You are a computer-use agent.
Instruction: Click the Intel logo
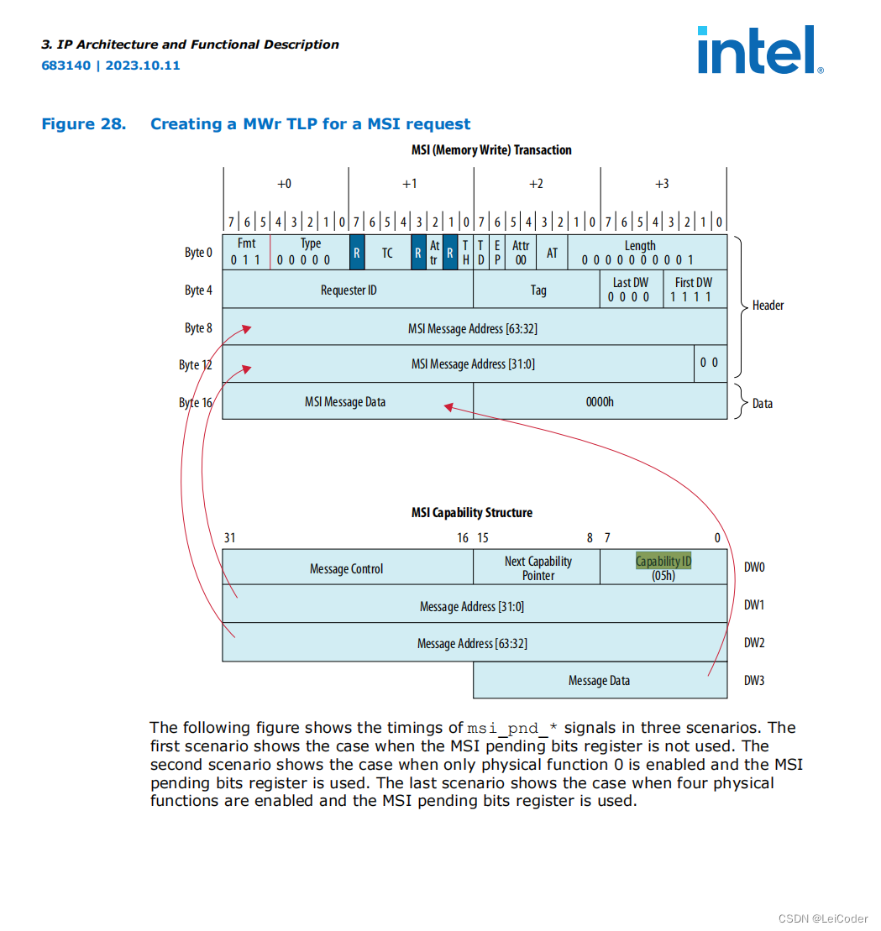click(x=759, y=50)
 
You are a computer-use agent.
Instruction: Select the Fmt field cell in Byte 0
click(x=246, y=251)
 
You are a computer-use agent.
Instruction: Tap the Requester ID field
click(x=348, y=290)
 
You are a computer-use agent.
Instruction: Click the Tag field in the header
click(x=538, y=290)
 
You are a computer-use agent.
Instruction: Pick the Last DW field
click(x=631, y=290)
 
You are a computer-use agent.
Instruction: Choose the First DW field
click(x=694, y=290)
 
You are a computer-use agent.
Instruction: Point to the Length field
click(x=640, y=252)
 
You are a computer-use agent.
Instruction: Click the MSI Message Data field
click(x=345, y=402)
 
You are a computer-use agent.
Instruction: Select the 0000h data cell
click(x=600, y=402)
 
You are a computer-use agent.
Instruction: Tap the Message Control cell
click(x=346, y=568)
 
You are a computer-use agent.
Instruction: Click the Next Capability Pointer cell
click(x=538, y=568)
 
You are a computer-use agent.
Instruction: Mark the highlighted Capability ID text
click(x=663, y=561)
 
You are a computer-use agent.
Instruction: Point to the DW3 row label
click(x=754, y=680)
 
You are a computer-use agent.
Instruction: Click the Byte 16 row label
click(x=196, y=403)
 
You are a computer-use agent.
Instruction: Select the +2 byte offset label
click(x=536, y=184)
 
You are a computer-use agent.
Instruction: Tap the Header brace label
click(x=768, y=306)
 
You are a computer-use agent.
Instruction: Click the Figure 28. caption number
click(x=84, y=124)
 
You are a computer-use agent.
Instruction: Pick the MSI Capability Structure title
click(x=471, y=512)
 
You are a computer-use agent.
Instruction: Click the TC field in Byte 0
click(x=387, y=253)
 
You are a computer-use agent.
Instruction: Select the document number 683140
click(x=66, y=65)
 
